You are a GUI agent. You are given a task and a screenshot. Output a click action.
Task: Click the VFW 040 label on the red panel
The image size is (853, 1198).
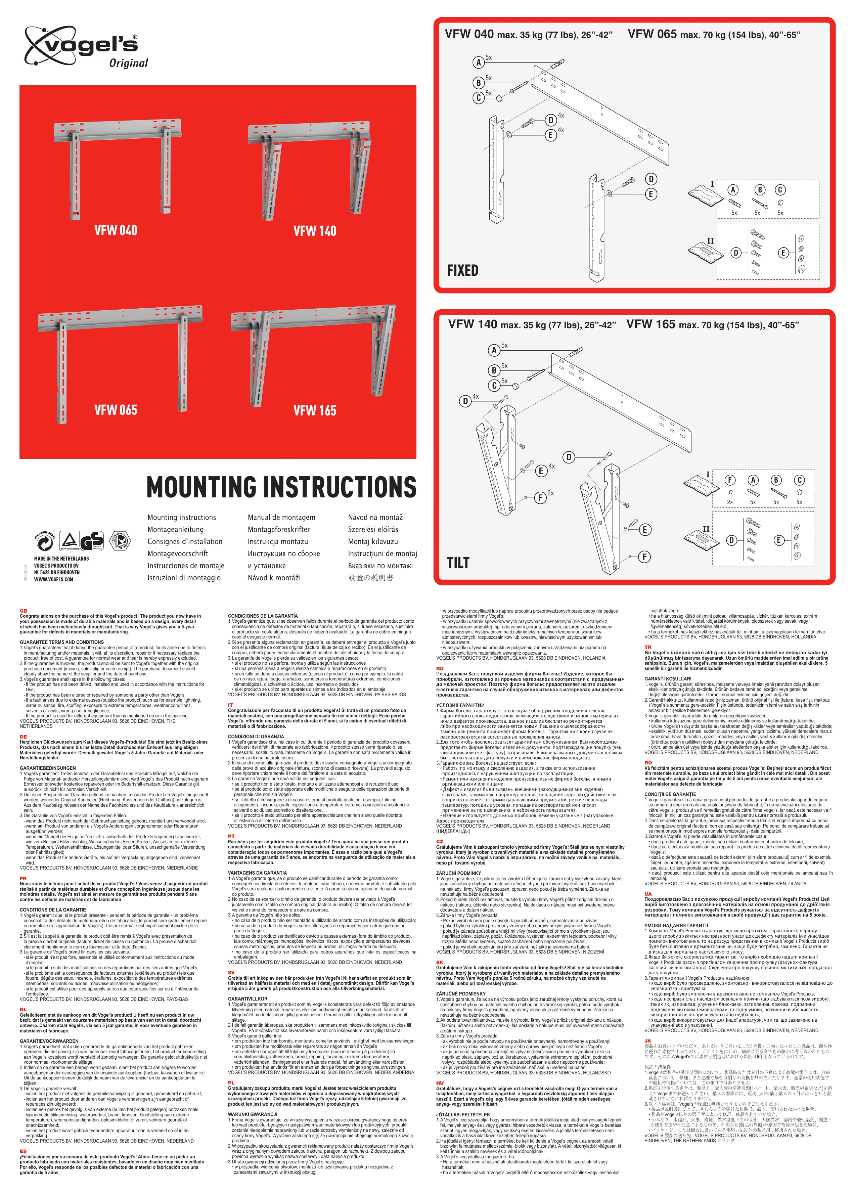116,231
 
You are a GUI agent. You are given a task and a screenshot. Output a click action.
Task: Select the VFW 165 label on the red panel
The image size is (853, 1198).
315,411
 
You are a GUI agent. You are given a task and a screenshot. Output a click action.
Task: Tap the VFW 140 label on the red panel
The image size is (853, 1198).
315,231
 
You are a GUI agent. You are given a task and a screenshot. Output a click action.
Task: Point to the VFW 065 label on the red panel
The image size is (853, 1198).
116,410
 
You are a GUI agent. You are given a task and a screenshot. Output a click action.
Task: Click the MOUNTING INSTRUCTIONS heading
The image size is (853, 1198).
281,487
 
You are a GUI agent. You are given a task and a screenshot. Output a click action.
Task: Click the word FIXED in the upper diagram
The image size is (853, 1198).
462,270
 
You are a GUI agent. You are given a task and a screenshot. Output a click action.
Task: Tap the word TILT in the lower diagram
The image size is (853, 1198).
458,563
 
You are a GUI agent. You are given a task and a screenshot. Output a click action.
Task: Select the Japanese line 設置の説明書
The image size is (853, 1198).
370,578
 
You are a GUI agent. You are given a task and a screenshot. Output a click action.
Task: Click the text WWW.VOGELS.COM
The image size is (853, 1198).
54,579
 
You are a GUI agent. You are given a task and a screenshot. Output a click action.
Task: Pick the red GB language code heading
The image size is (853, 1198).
23,611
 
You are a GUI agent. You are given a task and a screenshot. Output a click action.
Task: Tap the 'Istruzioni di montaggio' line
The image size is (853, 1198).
184,578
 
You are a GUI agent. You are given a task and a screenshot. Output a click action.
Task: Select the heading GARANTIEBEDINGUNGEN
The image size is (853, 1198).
48,768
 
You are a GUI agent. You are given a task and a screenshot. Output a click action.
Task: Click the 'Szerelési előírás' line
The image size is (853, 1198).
373,529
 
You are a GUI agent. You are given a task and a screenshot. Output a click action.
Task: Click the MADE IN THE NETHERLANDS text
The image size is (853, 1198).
61,559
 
